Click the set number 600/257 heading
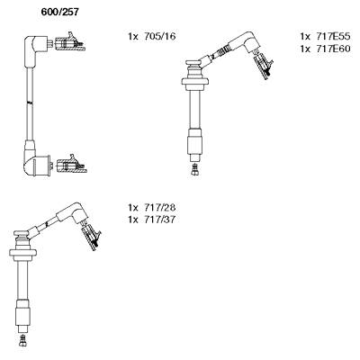pos(59,12)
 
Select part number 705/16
pos(159,37)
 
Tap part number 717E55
pos(333,37)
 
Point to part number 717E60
pos(333,49)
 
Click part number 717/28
pos(159,207)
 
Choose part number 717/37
pos(159,220)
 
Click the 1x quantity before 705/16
pos(133,37)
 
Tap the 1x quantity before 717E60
pos(305,49)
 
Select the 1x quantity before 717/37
pos(133,220)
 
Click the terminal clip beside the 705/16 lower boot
pos(72,165)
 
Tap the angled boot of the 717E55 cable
pos(246,42)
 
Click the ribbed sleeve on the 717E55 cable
pos(220,51)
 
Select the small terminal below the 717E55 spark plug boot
pos(195,169)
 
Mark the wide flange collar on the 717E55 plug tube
pos(195,83)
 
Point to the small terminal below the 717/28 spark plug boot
pos(22,339)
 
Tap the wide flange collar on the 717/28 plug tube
pos(22,254)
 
